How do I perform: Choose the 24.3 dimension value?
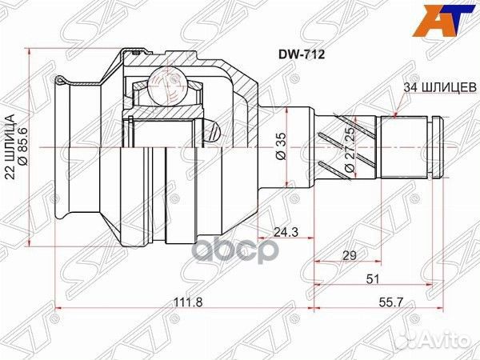(x=278, y=233)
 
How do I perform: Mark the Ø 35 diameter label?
(x=281, y=149)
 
